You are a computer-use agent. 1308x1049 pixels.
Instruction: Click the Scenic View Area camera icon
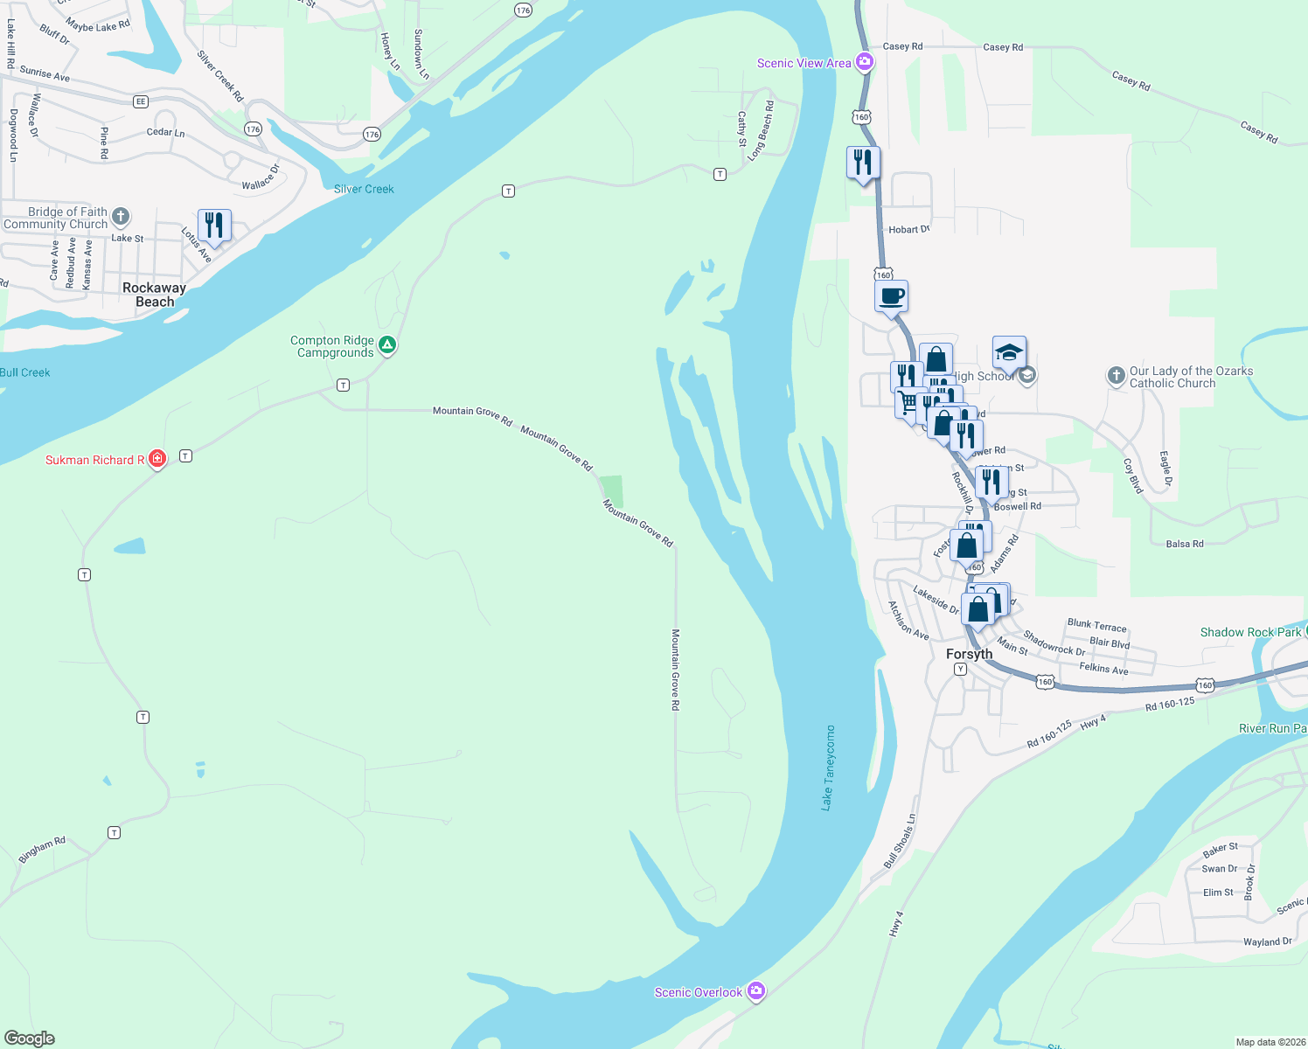[x=865, y=61]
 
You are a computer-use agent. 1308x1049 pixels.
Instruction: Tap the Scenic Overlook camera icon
[x=757, y=991]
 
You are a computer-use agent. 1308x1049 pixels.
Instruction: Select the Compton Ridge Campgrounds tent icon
[x=387, y=345]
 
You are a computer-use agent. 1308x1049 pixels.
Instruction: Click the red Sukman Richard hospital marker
[x=157, y=458]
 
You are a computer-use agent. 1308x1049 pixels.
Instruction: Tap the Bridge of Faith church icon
[x=121, y=216]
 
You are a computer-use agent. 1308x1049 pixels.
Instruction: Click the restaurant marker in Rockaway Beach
[x=214, y=226]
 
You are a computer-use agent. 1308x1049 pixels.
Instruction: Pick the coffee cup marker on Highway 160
[x=891, y=296]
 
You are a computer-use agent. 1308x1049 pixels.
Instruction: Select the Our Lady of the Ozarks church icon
[x=1116, y=376]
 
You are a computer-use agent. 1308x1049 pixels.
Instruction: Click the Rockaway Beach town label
[x=154, y=295]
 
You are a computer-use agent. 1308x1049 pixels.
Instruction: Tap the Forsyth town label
[x=969, y=654]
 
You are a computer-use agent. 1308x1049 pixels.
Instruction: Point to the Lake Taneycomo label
[x=827, y=768]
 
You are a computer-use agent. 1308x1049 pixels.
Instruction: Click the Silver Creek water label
[x=364, y=189]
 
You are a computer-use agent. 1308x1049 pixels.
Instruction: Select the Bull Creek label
[x=25, y=372]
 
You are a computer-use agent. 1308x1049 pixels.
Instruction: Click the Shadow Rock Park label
[x=1250, y=632]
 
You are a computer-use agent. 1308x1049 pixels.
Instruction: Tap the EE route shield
[x=141, y=101]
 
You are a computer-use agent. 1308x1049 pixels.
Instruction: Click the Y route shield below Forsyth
[x=960, y=669]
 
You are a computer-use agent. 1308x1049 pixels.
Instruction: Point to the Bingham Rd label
[x=42, y=849]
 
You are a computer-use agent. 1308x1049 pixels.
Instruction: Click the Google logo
[x=30, y=1038]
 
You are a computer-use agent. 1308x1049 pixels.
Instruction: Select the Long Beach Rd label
[x=761, y=130]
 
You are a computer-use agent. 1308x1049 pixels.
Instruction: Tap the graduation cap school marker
[x=1009, y=352]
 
